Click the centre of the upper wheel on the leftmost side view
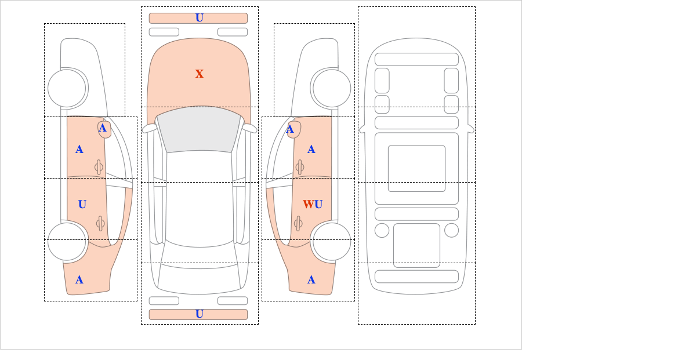(67, 88)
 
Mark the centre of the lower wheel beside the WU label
(332, 241)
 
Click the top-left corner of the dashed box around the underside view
(358, 7)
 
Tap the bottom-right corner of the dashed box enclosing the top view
(259, 325)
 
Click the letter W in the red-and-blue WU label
(308, 205)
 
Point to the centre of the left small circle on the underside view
(382, 231)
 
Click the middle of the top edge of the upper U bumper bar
(198, 13)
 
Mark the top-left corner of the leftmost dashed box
(44, 23)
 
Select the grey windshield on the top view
(199, 129)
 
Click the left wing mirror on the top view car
(149, 128)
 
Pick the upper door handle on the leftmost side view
(99, 167)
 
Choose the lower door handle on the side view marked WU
(298, 223)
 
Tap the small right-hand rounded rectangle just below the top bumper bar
(233, 32)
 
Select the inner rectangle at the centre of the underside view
(416, 168)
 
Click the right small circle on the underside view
(451, 231)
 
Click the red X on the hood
(200, 74)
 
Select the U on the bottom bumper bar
(200, 314)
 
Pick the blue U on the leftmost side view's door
(82, 205)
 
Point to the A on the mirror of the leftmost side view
(103, 128)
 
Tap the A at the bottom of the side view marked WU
(311, 280)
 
